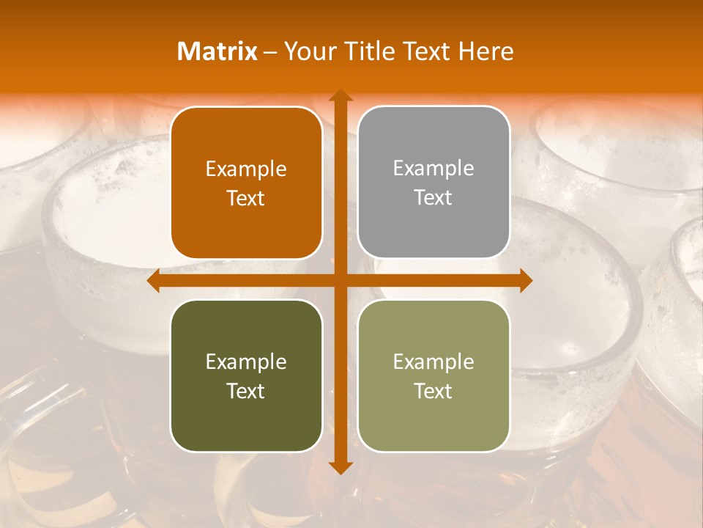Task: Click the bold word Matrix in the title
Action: pyautogui.click(x=217, y=51)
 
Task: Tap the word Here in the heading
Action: pyautogui.click(x=486, y=51)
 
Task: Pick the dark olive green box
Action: pyautogui.click(x=246, y=418)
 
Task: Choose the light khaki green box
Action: pyautogui.click(x=434, y=418)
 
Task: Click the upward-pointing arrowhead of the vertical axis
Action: pyautogui.click(x=340, y=96)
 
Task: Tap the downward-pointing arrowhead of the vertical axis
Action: pyautogui.click(x=340, y=467)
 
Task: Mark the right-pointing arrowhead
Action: pyautogui.click(x=525, y=281)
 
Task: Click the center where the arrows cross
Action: pyautogui.click(x=340, y=281)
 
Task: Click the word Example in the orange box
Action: pyautogui.click(x=246, y=169)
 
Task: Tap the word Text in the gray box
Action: pyautogui.click(x=434, y=198)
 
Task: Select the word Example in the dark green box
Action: pyautogui.click(x=246, y=362)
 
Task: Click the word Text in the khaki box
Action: pyautogui.click(x=434, y=391)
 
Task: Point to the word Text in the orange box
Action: pyautogui.click(x=246, y=199)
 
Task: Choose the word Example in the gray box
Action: pyautogui.click(x=434, y=169)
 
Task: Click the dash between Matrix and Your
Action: pyautogui.click(x=270, y=52)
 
